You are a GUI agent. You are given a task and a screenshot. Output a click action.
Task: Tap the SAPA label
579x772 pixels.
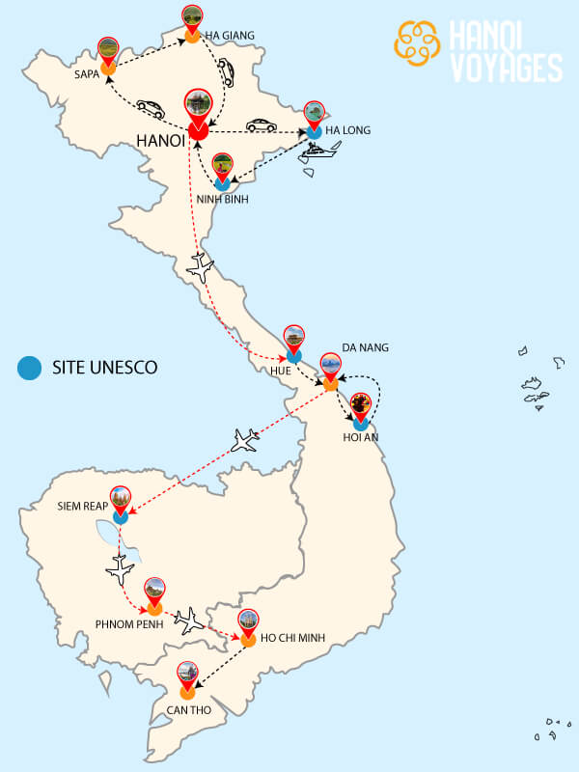(x=88, y=72)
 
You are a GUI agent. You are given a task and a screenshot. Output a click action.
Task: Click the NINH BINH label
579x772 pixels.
(x=223, y=200)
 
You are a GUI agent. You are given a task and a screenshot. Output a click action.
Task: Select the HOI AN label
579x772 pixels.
(x=362, y=437)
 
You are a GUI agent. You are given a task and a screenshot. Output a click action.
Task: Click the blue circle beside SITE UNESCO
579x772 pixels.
(x=30, y=367)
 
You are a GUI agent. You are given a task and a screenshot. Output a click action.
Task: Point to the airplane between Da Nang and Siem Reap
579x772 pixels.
(x=247, y=440)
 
